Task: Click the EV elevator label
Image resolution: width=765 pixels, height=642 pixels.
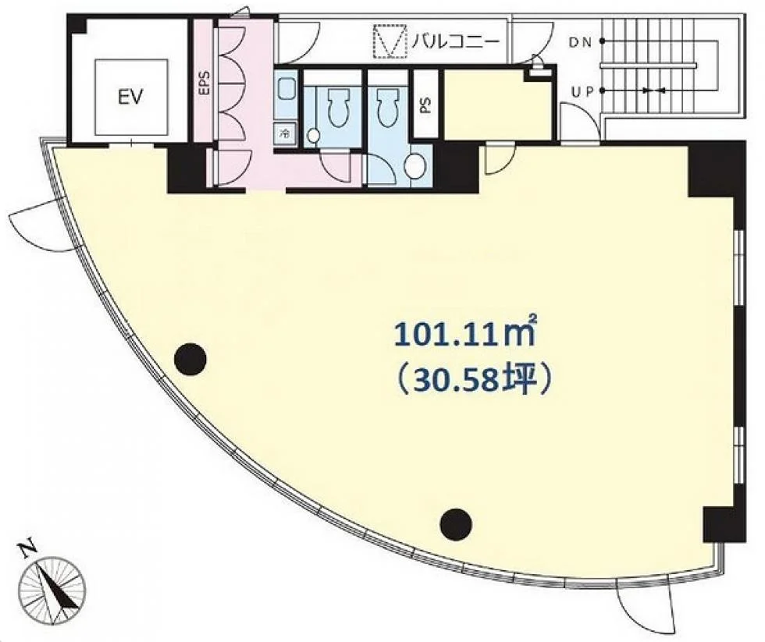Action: click(x=131, y=97)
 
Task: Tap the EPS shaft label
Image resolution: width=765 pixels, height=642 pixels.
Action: click(x=205, y=83)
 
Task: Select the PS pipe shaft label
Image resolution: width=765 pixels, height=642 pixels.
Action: click(x=426, y=106)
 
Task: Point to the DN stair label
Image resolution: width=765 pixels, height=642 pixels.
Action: click(x=580, y=42)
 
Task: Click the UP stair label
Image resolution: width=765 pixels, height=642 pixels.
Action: click(x=582, y=91)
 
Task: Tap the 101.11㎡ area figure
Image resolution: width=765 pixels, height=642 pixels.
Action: click(x=466, y=335)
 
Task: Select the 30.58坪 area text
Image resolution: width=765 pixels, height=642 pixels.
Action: click(x=475, y=379)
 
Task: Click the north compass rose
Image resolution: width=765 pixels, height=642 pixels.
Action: click(x=52, y=591)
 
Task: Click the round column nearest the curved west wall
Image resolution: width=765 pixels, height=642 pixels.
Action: click(x=190, y=359)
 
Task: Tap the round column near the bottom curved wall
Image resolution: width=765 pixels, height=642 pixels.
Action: click(x=456, y=524)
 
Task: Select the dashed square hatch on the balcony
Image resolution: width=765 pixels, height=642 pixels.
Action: click(x=390, y=42)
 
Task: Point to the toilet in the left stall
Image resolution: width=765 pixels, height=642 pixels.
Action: click(x=336, y=106)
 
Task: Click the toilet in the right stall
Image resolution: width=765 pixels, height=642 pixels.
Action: click(x=388, y=106)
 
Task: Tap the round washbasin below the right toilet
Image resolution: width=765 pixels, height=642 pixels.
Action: click(x=415, y=166)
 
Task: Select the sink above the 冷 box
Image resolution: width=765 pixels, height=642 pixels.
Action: click(x=286, y=94)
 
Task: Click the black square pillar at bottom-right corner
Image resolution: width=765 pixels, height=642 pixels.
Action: click(x=724, y=524)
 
